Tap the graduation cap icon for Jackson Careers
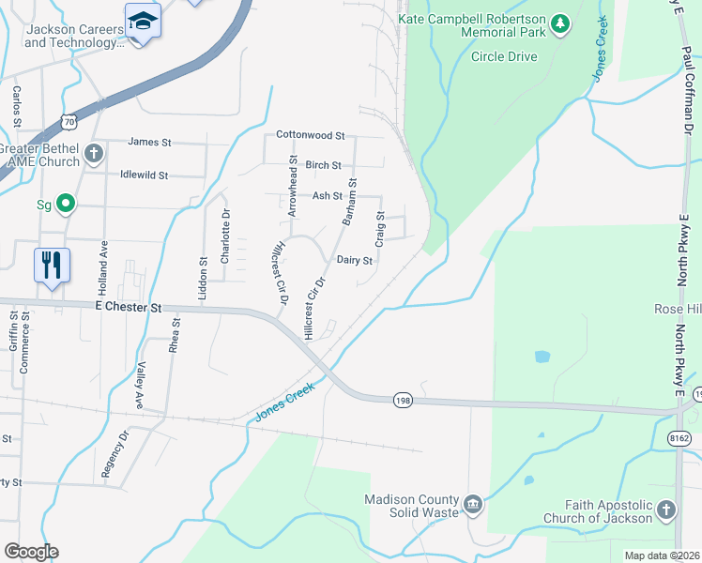tap(143, 20)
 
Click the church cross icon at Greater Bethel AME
tap(93, 153)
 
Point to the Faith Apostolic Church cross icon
tap(665, 510)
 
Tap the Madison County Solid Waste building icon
tap(473, 506)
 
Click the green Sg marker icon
tap(65, 203)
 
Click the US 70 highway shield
tap(68, 120)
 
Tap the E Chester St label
tap(129, 307)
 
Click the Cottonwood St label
tap(311, 136)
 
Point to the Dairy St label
tap(355, 261)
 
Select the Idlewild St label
tap(144, 175)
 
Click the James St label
tap(150, 143)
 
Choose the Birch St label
tap(323, 165)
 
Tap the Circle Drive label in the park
tap(504, 56)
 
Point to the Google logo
tap(31, 551)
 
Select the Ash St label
tap(328, 196)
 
